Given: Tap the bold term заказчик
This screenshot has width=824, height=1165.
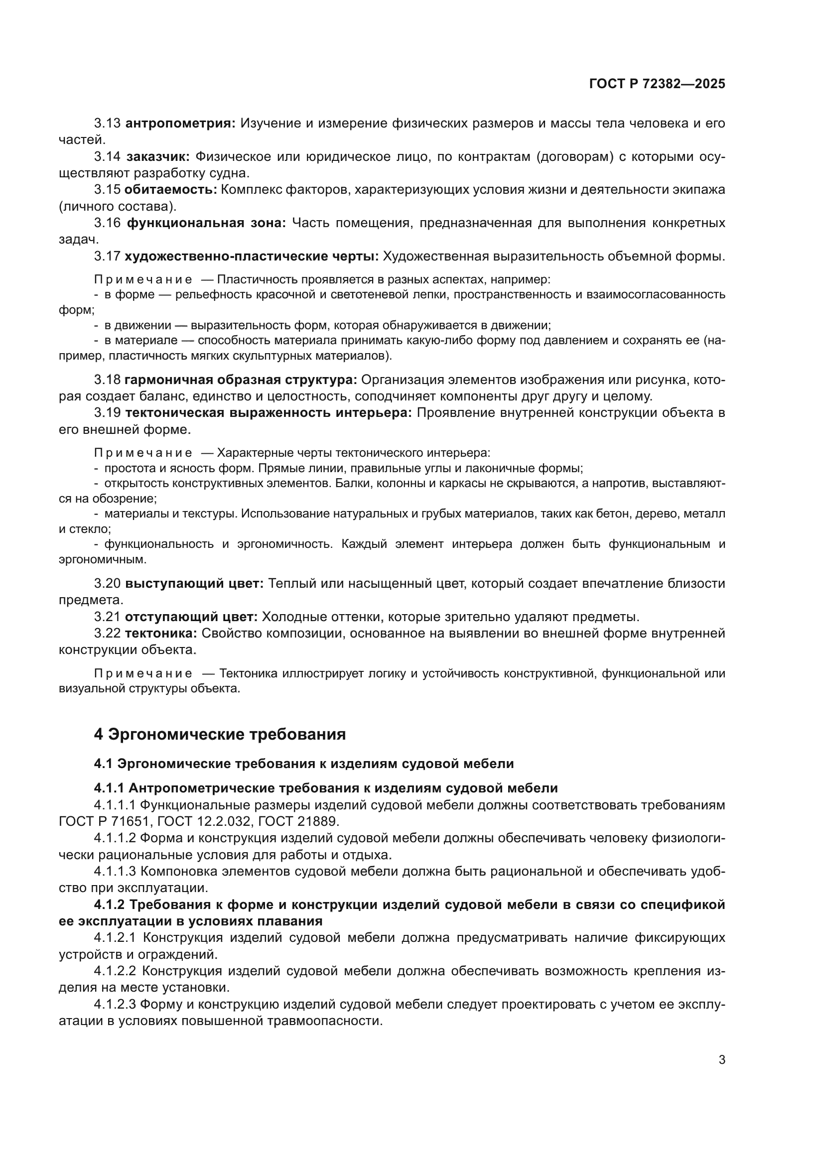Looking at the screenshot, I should (x=158, y=157).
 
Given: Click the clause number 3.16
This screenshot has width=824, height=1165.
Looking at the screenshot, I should (x=107, y=223).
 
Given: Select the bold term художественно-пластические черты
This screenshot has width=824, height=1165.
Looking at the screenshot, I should (x=252, y=257).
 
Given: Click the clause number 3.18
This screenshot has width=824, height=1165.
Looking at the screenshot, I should (x=107, y=380).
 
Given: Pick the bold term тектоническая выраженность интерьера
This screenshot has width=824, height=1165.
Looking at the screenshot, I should (x=269, y=413).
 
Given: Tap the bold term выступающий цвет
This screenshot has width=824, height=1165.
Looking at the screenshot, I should (x=194, y=584).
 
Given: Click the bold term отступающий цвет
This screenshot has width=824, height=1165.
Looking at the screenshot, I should (x=191, y=618).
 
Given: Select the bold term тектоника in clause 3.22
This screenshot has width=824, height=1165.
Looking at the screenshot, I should (x=161, y=634).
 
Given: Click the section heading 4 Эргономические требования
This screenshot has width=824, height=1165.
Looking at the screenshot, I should (x=220, y=734).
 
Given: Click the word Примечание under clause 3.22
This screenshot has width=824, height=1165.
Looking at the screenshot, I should (x=143, y=674).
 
